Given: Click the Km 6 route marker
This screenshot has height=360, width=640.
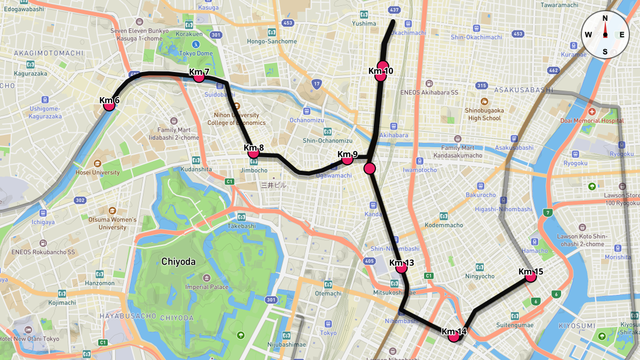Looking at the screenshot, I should coord(109,105).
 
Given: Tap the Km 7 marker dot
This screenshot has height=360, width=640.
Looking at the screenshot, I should coord(199,76).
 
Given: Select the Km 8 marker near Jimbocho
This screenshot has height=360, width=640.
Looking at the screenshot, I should coord(254,153).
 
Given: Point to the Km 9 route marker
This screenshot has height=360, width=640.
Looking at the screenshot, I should coord(347,158).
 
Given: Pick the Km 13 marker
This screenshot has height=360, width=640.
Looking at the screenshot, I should coord(402,267).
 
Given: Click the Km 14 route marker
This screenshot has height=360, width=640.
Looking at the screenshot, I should coord(454,336).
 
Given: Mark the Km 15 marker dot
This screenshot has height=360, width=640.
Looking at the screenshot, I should coord(530,276).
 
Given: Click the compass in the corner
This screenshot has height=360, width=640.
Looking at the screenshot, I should coord(605,35).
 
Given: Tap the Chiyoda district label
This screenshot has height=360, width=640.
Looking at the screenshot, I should coord(178,262).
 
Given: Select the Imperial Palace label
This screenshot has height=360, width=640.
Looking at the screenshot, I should coord(206,287).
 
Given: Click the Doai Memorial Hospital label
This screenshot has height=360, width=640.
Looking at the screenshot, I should coord(592,121).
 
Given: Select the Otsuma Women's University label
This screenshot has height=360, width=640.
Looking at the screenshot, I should coord(112,223).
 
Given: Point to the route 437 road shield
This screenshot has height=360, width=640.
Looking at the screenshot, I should coord(394,10).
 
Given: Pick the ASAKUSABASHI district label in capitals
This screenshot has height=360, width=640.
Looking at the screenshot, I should coord(524,90).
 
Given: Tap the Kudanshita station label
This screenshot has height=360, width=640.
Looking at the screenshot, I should coord(196,169).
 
